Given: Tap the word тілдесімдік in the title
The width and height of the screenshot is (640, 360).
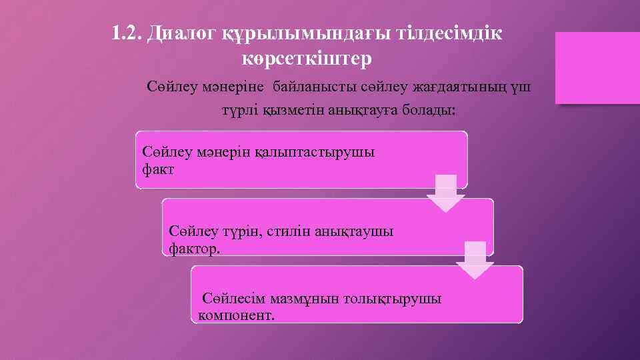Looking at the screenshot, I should coord(441,33).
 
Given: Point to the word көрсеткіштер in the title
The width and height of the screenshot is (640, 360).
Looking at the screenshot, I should coord(307,59).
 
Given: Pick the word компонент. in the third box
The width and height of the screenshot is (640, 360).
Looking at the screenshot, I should coord(237,315).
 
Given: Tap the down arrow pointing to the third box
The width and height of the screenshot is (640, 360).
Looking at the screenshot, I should coord(475,260).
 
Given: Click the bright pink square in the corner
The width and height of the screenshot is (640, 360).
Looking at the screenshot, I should coord(597,68).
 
